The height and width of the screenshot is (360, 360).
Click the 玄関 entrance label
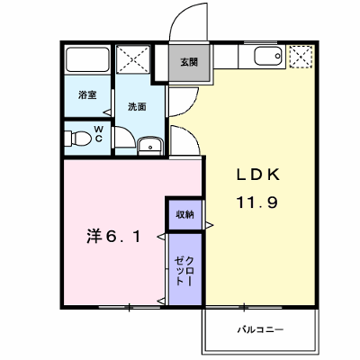point(189,62)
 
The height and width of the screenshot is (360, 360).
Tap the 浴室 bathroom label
point(87,95)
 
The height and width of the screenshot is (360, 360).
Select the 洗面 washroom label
point(137,107)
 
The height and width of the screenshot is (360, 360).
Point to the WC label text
point(99,134)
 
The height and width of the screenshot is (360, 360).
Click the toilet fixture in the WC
point(78,139)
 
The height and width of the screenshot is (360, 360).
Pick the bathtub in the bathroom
point(87,59)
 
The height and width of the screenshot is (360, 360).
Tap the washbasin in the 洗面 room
point(150,146)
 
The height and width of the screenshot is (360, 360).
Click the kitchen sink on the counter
point(268,57)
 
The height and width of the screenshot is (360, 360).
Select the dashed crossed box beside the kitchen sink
point(301,57)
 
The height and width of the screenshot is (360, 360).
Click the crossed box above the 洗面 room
point(133,59)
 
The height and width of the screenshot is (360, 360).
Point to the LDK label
point(258,175)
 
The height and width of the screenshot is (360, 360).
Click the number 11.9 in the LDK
point(257,202)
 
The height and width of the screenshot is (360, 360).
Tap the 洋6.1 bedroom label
point(113,237)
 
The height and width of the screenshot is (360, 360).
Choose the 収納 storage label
point(184,214)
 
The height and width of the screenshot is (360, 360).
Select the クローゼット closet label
point(184,271)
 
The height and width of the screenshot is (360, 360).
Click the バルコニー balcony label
point(260,330)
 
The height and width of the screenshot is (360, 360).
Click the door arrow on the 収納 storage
point(210,225)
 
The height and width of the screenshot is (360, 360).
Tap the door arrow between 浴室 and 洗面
point(107,112)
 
